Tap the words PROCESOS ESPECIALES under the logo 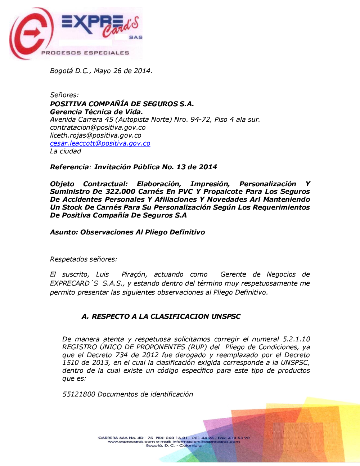pos(85,53)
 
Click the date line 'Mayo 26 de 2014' pos(123,71)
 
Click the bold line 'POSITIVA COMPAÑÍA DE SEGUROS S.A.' pos(122,104)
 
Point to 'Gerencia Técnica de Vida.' pos(96,112)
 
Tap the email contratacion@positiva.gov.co pos(98,127)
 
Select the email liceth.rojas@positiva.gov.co pos(96,135)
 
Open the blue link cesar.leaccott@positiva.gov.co pos(100,143)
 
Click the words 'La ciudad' pos(66,151)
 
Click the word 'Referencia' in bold pos(69,167)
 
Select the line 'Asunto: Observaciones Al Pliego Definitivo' pos(127,232)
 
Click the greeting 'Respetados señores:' pos(84,259)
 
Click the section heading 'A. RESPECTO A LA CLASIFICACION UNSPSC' pos(161,317)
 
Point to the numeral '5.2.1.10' pos(296,339)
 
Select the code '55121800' pos(79,394)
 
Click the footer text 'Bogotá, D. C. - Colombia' pos(174,446)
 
